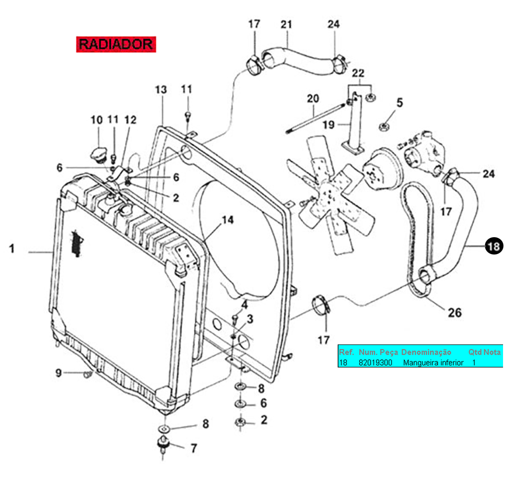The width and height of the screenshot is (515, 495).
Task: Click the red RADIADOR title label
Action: click(x=116, y=44)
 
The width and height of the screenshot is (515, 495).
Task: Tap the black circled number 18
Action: click(x=494, y=246)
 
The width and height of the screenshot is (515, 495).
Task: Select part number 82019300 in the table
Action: click(x=375, y=363)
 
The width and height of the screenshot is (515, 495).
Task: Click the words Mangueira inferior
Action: click(x=433, y=363)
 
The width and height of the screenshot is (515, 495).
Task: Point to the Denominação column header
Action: click(x=426, y=352)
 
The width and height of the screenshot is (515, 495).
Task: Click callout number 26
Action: click(x=454, y=313)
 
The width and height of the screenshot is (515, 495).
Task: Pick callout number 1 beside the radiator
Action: click(x=12, y=249)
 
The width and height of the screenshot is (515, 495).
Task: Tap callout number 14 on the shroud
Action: click(x=228, y=220)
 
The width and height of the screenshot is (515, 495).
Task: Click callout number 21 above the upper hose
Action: click(x=286, y=24)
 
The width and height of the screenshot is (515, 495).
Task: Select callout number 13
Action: click(x=161, y=90)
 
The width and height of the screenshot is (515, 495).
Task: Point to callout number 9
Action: click(x=59, y=373)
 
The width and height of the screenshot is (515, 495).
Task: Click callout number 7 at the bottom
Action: click(x=194, y=448)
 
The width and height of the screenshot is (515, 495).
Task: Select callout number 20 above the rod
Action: click(x=313, y=99)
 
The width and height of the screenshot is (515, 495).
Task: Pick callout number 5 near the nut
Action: click(x=400, y=103)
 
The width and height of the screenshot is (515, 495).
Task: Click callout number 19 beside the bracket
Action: click(x=328, y=124)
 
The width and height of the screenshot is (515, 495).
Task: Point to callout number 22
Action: click(x=358, y=73)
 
